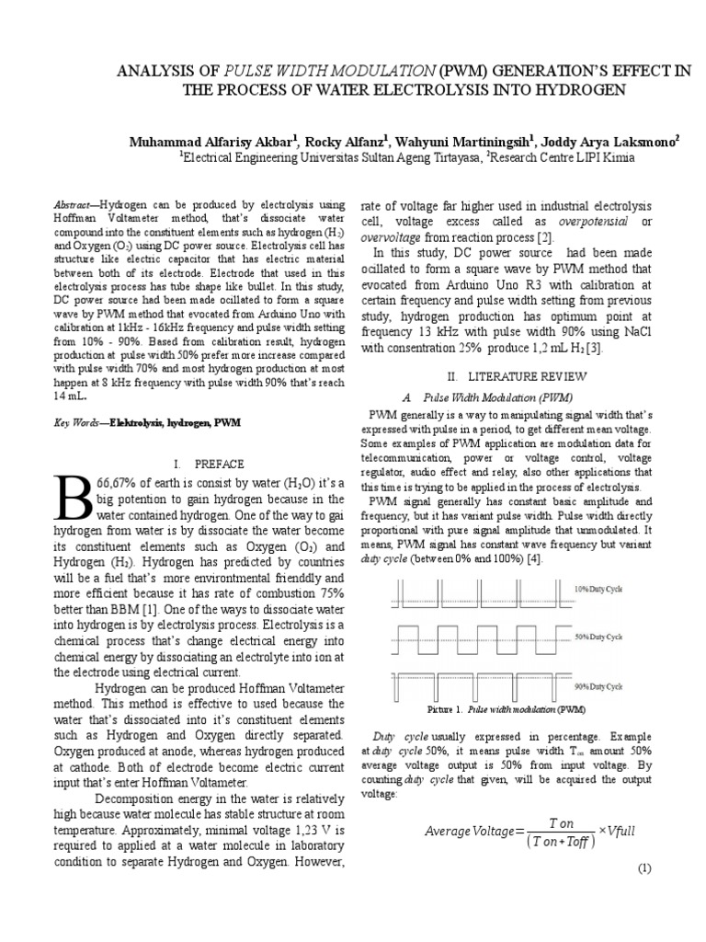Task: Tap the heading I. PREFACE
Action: (x=210, y=464)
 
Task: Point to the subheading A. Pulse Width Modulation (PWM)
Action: (x=488, y=397)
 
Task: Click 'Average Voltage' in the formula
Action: (x=471, y=832)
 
